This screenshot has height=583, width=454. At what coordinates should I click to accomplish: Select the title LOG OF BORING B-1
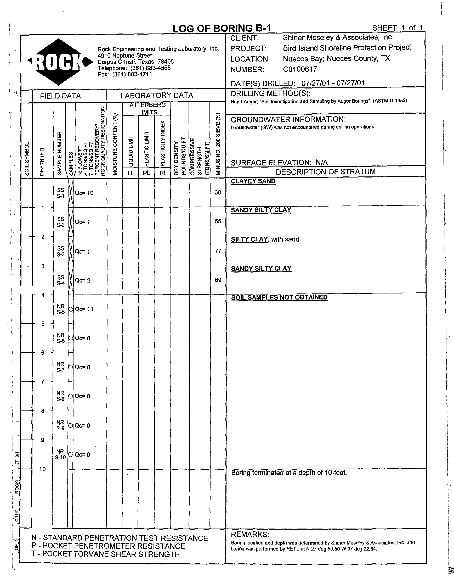(222, 29)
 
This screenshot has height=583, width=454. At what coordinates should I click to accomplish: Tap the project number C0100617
(300, 69)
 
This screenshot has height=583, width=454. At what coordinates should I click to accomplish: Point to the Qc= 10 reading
(84, 193)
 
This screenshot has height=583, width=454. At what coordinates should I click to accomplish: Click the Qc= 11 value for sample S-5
(84, 309)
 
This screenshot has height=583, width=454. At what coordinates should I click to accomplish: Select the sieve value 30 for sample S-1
(218, 192)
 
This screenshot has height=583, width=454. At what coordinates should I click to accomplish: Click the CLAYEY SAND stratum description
(253, 181)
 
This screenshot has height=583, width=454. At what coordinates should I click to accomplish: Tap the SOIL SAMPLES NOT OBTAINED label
(279, 297)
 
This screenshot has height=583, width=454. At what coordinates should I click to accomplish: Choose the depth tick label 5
(43, 324)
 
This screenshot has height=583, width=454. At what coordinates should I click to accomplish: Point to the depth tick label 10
(43, 469)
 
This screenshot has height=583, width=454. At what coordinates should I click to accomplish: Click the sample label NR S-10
(60, 454)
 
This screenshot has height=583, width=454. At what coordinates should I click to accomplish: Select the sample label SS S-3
(61, 251)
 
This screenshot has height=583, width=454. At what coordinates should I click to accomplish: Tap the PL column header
(146, 173)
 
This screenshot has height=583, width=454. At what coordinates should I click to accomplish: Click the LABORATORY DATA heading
(157, 96)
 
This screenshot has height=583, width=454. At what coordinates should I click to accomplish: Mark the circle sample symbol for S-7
(71, 367)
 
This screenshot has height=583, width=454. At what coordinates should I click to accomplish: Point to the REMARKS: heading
(250, 534)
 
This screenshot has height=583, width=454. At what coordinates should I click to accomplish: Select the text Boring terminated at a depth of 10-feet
(289, 473)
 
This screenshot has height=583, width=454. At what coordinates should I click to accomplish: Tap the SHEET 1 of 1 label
(398, 28)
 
